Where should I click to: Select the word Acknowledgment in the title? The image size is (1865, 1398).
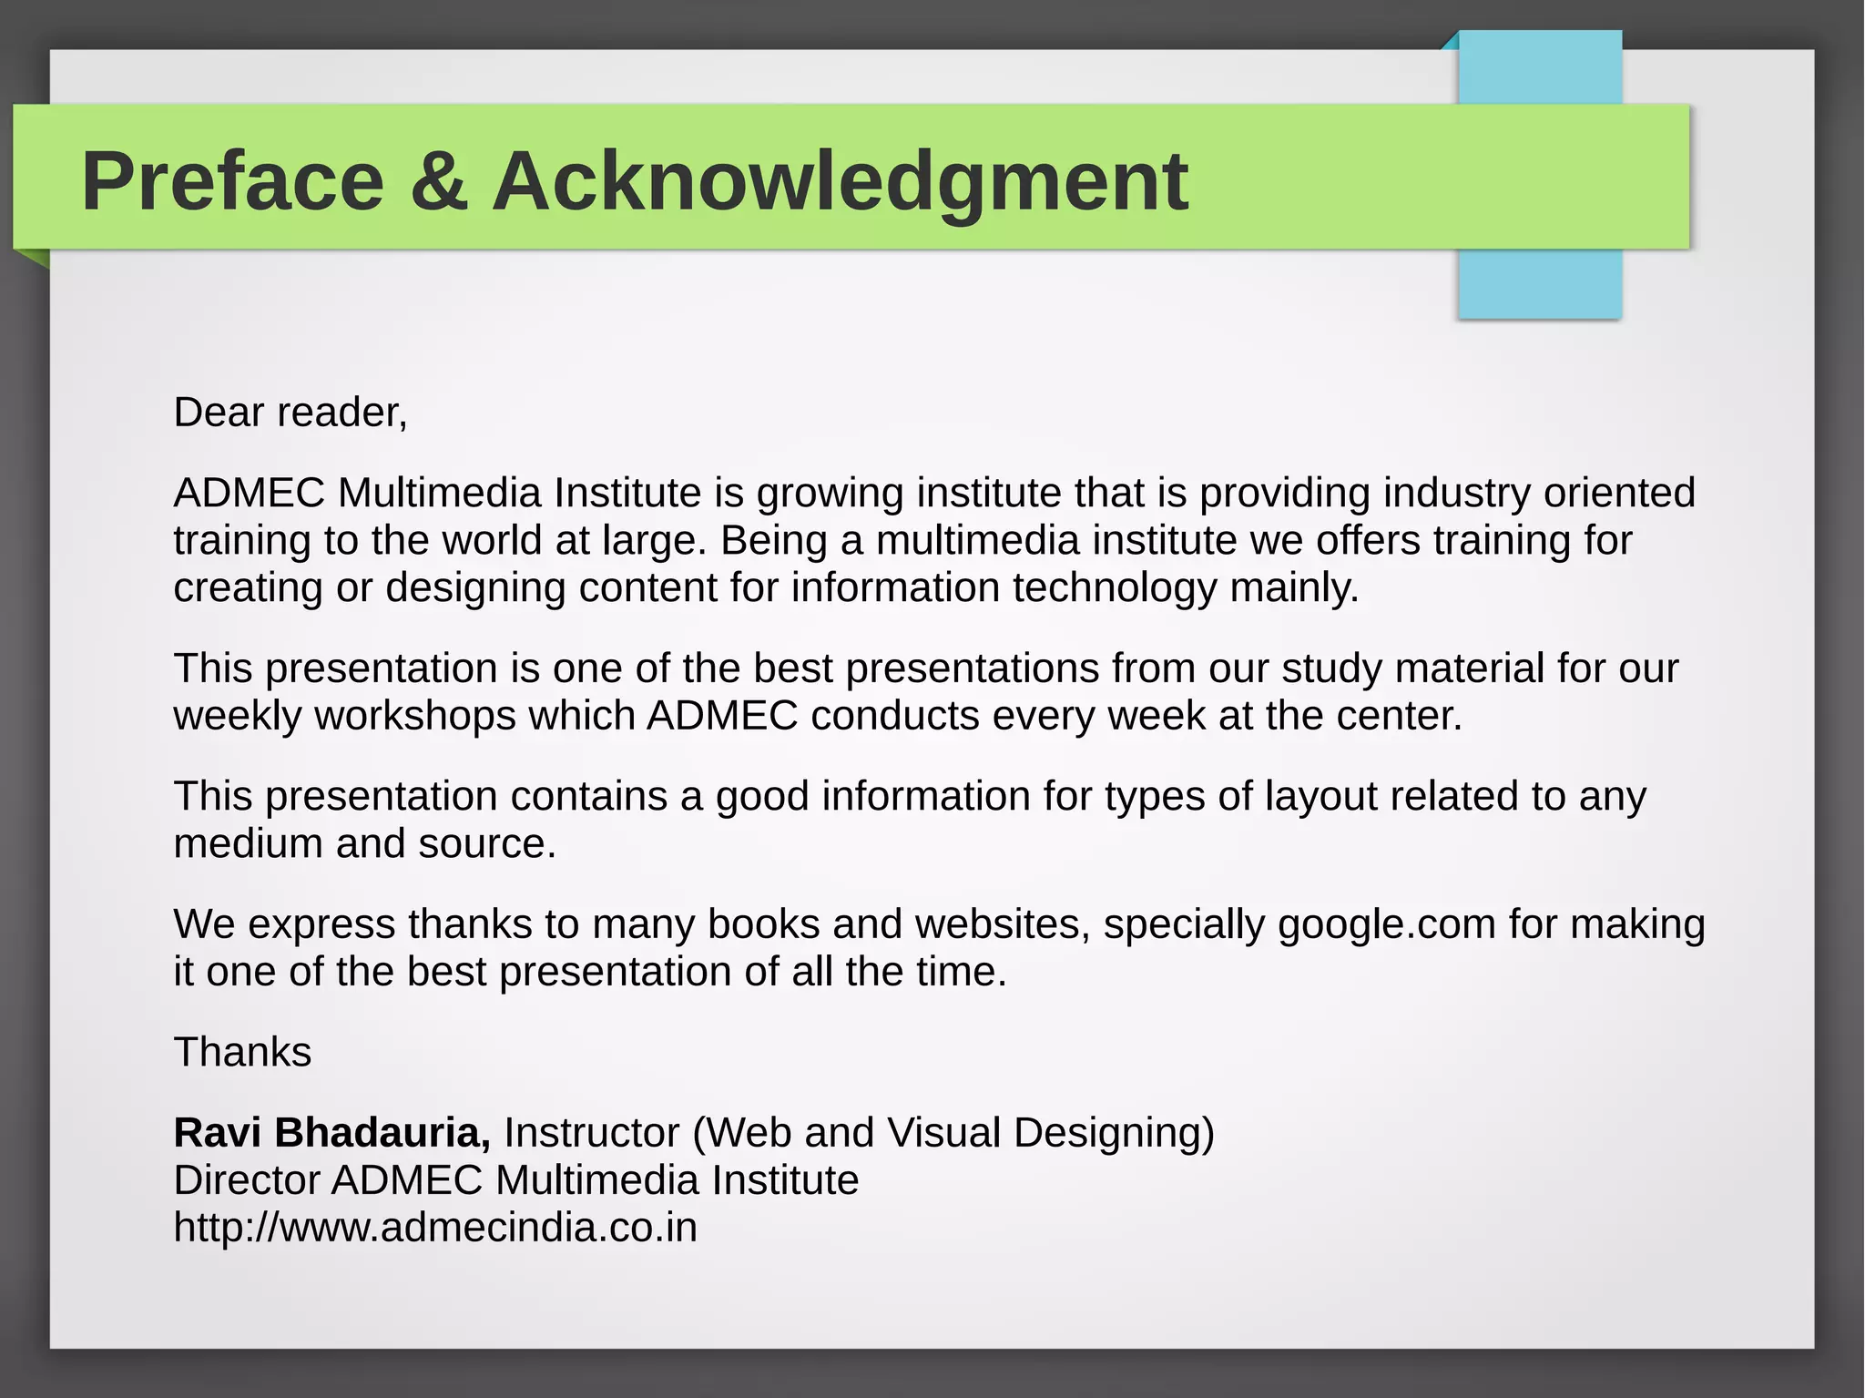(840, 182)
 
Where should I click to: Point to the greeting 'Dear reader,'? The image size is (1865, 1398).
(290, 413)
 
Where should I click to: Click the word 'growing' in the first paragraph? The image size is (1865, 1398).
(830, 495)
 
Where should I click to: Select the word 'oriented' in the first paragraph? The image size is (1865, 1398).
(1619, 493)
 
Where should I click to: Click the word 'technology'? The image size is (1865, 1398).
(1115, 588)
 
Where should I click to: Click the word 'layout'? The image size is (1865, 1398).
(1321, 797)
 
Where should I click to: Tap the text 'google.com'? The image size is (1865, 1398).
(1387, 925)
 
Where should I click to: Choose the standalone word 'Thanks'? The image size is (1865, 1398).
(242, 1053)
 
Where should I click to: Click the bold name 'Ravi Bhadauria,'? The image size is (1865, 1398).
(331, 1133)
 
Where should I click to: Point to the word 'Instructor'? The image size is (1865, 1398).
(592, 1133)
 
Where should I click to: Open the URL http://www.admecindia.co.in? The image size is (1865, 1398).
(435, 1228)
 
